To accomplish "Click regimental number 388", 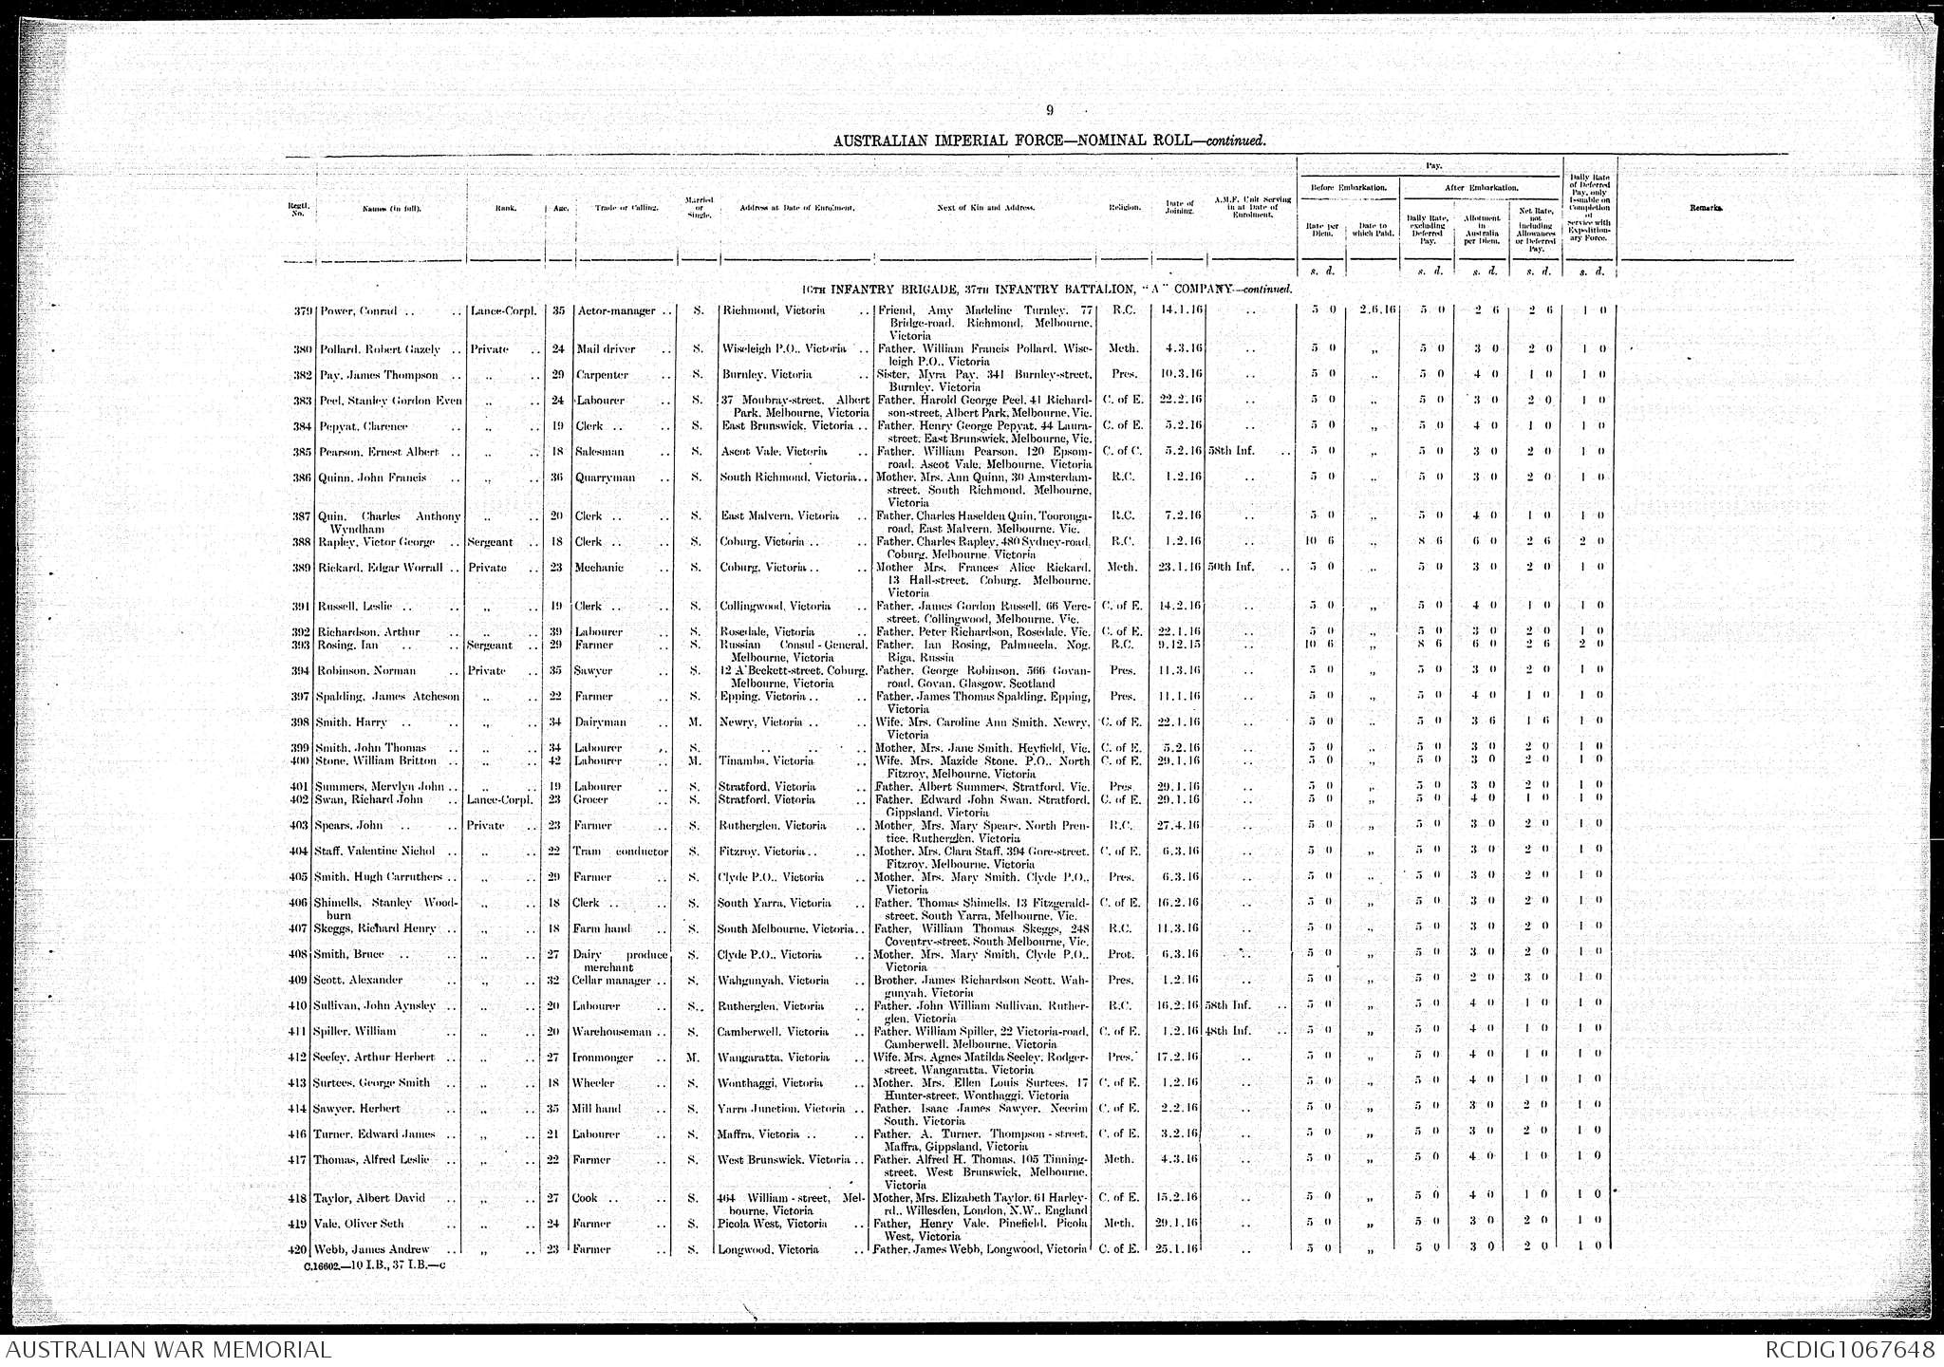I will tap(304, 542).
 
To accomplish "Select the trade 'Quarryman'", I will tap(605, 478).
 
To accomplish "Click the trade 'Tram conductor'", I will tap(621, 852).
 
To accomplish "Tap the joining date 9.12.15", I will tap(1177, 646).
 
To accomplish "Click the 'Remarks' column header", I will tap(1706, 208).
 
